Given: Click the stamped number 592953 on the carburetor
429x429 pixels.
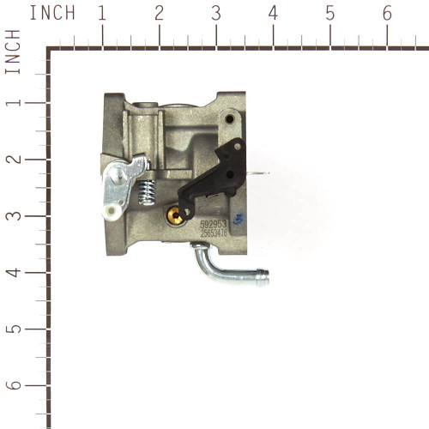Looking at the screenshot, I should [214, 224].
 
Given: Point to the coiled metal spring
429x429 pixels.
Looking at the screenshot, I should [146, 198].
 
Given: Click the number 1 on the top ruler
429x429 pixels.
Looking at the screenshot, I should [102, 14].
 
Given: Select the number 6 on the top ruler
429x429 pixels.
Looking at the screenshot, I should [387, 14].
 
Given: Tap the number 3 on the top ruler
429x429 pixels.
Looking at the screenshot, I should [215, 14].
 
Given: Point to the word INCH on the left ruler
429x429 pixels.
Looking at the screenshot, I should [13, 51].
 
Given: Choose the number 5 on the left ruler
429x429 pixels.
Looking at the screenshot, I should [14, 329].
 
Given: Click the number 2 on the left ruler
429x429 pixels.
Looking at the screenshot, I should [14, 160].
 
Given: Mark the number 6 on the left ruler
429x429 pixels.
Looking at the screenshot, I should [14, 386].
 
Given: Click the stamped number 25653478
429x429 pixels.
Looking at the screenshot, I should [214, 233].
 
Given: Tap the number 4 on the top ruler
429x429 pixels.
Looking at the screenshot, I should [273, 14].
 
